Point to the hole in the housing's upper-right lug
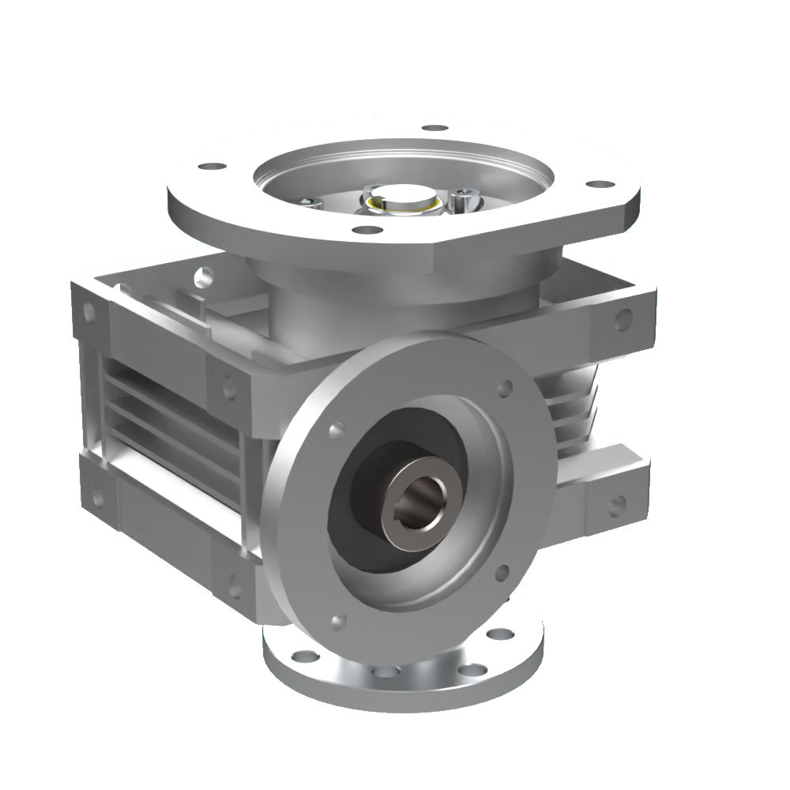point(623,319)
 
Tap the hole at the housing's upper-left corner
point(88,313)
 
